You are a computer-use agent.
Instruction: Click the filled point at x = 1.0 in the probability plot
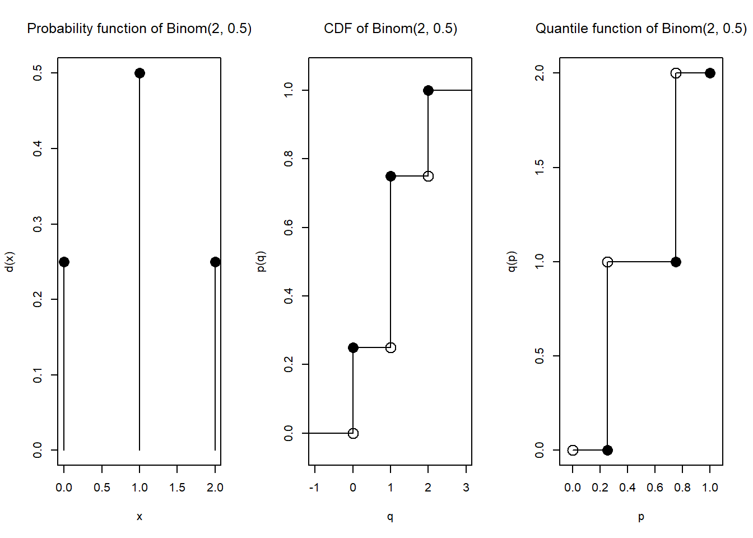coord(140,73)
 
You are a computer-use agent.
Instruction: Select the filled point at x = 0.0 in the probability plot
coord(64,262)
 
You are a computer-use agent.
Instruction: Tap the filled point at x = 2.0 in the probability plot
coord(215,262)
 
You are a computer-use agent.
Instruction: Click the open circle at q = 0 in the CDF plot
coord(353,433)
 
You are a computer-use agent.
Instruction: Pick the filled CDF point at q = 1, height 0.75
coord(391,176)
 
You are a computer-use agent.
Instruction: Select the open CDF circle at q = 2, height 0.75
coord(428,176)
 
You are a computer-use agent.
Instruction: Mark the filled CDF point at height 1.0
coord(428,90)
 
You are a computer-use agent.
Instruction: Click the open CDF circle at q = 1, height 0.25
coord(391,347)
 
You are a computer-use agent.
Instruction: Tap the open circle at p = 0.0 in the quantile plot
coord(573,450)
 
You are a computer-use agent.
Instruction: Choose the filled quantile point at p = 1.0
coord(710,73)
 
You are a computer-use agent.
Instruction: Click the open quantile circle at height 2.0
coord(676,73)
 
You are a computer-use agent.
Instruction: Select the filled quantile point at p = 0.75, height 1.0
coord(676,262)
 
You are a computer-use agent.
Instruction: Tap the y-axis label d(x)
coord(10,262)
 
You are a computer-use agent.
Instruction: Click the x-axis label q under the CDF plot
coord(390,517)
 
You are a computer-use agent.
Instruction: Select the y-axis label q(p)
coord(512,262)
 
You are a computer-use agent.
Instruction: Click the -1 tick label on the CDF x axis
coord(314,488)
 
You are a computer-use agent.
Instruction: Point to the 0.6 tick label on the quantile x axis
coord(655,488)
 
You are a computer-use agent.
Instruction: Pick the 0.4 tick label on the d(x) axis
coord(38,149)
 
